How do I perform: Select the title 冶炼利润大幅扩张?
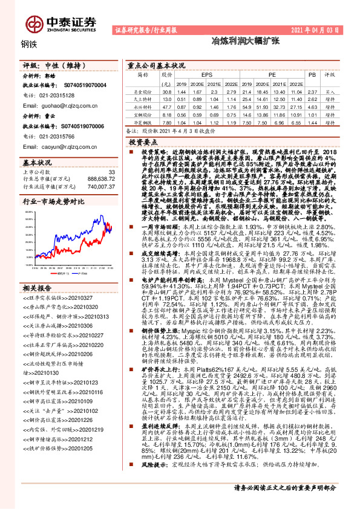[236, 42]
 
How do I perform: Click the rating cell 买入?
[330, 91]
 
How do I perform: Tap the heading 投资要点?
[143, 140]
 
